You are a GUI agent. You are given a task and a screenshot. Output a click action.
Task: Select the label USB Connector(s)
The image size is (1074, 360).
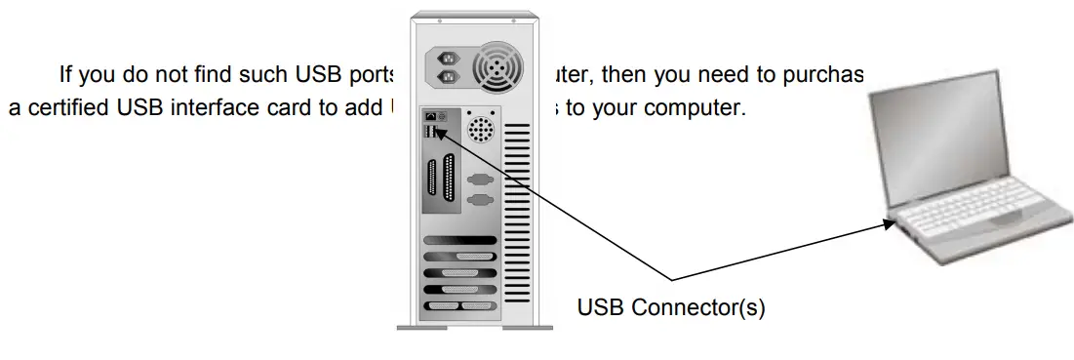(671, 307)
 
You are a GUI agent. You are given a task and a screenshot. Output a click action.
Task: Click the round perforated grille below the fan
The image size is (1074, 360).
(479, 129)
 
